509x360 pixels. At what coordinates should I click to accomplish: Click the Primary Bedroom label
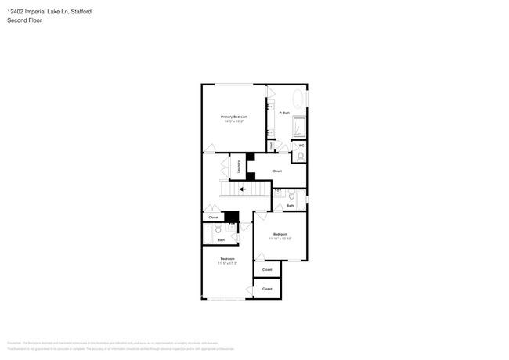pyautogui.click(x=234, y=117)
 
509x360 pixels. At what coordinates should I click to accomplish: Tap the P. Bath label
pyautogui.click(x=284, y=113)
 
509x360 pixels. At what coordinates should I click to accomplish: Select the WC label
pyautogui.click(x=301, y=145)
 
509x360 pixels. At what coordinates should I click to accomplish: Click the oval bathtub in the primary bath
pyautogui.click(x=298, y=99)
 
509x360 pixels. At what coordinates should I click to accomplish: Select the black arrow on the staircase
pyautogui.click(x=243, y=189)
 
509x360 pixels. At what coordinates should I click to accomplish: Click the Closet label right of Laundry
pyautogui.click(x=276, y=171)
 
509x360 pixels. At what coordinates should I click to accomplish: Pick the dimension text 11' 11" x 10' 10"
pyautogui.click(x=280, y=239)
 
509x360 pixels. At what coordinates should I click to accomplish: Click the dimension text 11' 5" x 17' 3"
pyautogui.click(x=227, y=263)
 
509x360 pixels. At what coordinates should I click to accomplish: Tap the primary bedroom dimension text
pyautogui.click(x=234, y=121)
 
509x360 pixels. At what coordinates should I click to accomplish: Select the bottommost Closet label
pyautogui.click(x=267, y=289)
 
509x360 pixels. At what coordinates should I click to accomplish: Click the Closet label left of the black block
pyautogui.click(x=213, y=218)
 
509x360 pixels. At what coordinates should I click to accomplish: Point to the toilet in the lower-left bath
pyautogui.click(x=218, y=230)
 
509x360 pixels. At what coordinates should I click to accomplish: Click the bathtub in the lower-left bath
pyautogui.click(x=208, y=234)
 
